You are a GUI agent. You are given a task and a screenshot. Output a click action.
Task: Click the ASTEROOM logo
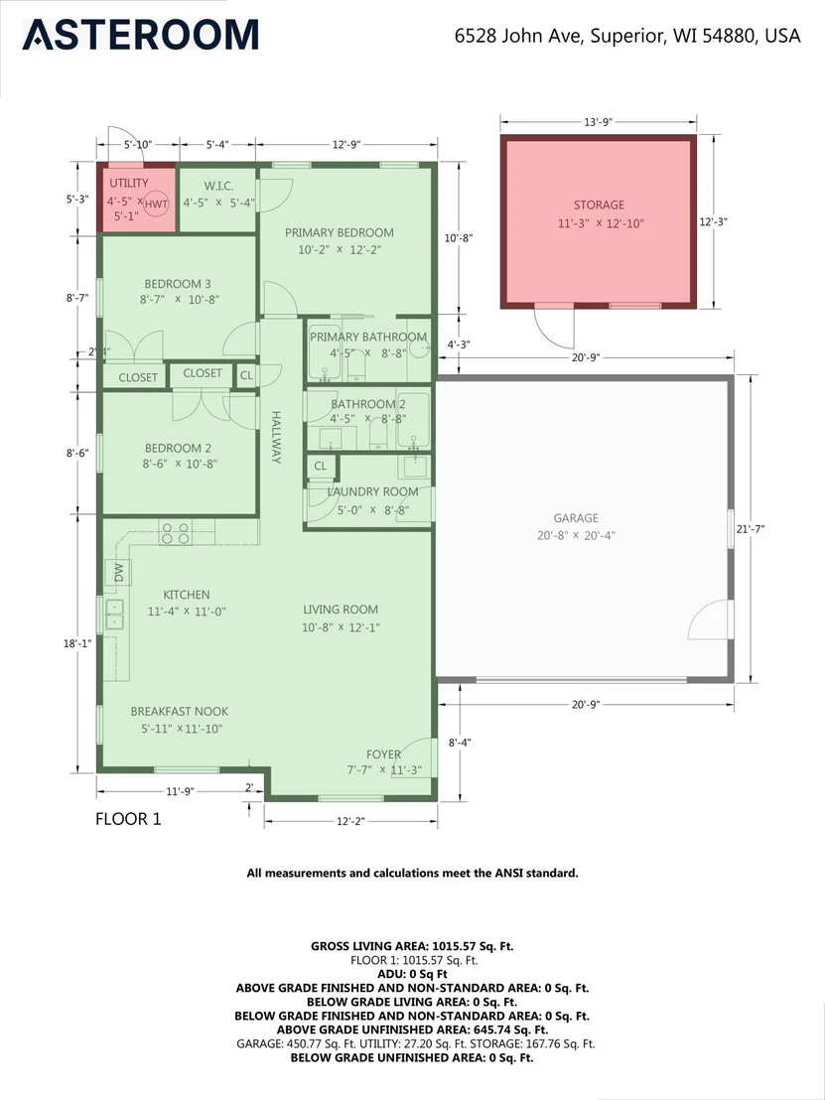pos(140,35)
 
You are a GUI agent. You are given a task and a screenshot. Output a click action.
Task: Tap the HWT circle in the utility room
pos(157,205)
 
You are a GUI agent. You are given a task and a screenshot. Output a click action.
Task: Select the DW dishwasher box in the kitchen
pos(118,573)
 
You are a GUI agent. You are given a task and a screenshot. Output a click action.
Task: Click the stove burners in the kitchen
pos(176,532)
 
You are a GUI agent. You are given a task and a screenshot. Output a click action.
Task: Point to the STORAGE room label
pos(599,205)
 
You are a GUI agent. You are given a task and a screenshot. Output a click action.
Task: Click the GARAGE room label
pos(576,517)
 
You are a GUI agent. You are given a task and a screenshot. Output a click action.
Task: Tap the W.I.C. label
pos(218,186)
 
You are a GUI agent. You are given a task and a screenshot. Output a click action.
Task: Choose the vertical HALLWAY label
pos(276,437)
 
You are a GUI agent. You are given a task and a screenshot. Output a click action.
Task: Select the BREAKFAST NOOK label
pos(180,712)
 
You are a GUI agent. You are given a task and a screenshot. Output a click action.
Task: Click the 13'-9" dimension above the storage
pos(599,122)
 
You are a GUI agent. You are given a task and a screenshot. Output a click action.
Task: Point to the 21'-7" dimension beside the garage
pos(750,529)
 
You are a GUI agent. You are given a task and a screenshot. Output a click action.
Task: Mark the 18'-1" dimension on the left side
pos(77,642)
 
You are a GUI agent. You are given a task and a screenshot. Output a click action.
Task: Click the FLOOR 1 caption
pos(128,819)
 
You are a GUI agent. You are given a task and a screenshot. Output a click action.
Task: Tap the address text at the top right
pos(627,35)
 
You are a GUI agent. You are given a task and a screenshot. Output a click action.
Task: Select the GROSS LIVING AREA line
pos(413,946)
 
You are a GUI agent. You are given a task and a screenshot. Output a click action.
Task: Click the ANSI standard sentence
pos(413,874)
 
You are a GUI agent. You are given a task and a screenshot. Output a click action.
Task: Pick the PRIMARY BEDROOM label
pos(339,232)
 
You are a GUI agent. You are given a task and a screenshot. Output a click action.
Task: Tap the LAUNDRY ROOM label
pos(372,491)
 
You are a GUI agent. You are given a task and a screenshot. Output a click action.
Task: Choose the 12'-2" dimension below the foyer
pos(350,821)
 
